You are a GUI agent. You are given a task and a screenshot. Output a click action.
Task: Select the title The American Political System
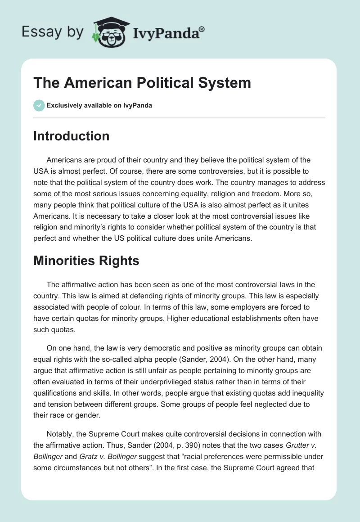pyautogui.click(x=142, y=83)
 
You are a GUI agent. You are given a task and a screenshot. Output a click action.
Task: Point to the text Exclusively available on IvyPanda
pyautogui.click(x=99, y=105)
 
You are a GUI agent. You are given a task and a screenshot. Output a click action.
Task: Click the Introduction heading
pyautogui.click(x=71, y=136)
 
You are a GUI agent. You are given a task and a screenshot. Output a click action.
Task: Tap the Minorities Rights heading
pyautogui.click(x=86, y=261)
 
